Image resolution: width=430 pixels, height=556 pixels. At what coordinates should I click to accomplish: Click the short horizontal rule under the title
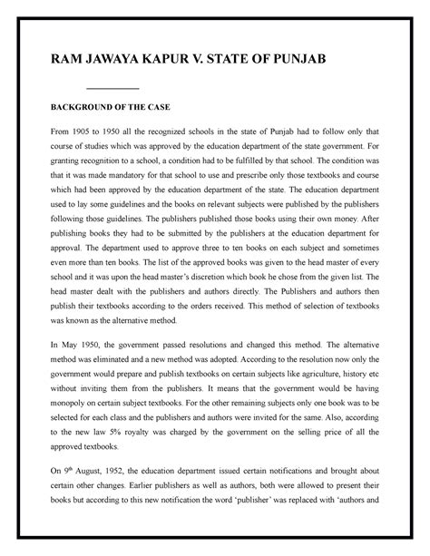tap(112, 88)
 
